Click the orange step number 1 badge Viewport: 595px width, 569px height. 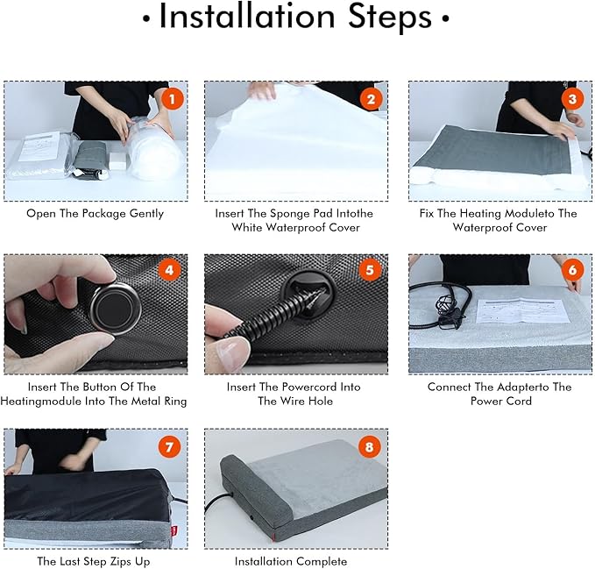(x=173, y=99)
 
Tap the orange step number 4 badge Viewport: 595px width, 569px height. (x=169, y=270)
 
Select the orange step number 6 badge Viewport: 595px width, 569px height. (x=572, y=270)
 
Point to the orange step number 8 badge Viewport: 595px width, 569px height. (x=369, y=447)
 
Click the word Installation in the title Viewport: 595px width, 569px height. (x=247, y=17)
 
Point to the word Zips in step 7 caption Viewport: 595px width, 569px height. (x=120, y=561)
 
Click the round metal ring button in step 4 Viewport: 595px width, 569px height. (x=115, y=309)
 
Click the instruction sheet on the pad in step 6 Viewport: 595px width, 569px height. (x=522, y=309)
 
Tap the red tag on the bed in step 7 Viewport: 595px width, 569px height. (x=174, y=530)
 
